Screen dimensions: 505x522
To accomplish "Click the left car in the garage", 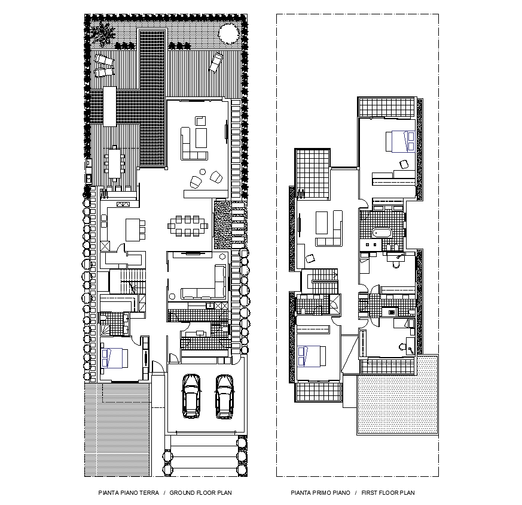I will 191,395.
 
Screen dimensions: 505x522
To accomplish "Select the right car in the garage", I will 224,395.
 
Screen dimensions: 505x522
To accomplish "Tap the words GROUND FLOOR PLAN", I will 200,493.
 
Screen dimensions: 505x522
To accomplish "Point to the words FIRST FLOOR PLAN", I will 388,493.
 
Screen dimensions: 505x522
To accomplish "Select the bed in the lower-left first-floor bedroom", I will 312,355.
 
